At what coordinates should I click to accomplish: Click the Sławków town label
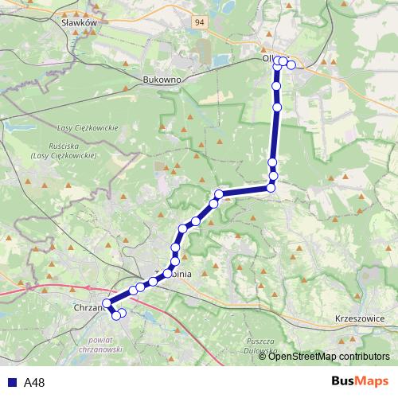click(x=79, y=24)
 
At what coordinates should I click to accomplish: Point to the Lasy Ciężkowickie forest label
click(x=88, y=128)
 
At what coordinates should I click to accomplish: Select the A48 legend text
click(x=34, y=383)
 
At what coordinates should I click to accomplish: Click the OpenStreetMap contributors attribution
click(x=329, y=356)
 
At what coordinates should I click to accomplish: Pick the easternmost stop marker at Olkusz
click(x=291, y=65)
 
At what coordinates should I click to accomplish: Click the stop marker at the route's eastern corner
click(x=271, y=188)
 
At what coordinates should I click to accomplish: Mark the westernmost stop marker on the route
click(x=107, y=303)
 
